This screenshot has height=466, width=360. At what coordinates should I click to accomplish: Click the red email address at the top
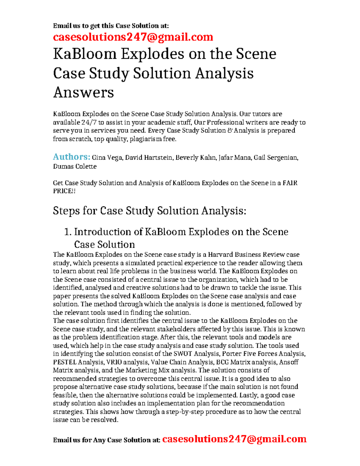(x=133, y=37)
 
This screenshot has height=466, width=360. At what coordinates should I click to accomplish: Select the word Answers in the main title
(x=83, y=92)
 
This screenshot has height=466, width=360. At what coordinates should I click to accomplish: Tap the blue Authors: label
(x=71, y=157)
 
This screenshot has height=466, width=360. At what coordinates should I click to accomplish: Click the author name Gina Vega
(x=107, y=158)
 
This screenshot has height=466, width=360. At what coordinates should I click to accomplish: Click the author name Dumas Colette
(x=75, y=166)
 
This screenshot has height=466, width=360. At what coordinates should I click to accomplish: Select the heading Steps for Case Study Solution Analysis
(x=149, y=211)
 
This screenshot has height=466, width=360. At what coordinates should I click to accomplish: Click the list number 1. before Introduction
(x=68, y=232)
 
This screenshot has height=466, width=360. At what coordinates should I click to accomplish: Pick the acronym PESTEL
(x=64, y=362)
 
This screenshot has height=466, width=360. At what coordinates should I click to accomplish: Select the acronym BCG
(x=222, y=362)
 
